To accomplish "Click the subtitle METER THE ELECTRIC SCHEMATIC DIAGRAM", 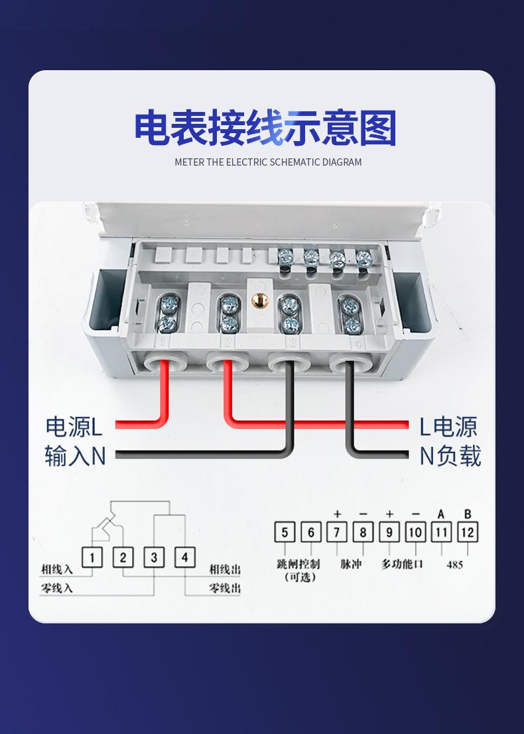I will [268, 162].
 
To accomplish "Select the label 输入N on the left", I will [75, 456].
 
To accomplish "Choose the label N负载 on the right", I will [450, 456].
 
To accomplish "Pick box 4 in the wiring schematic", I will [184, 557].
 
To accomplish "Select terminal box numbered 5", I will [285, 532].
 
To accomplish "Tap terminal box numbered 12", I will [468, 532].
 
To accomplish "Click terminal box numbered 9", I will [389, 532].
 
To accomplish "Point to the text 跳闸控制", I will [298, 564].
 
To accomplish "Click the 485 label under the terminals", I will [454, 565].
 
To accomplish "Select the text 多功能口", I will [402, 564].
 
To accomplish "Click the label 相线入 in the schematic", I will [56, 570].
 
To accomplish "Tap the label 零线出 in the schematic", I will [225, 588].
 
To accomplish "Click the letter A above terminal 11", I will [441, 514].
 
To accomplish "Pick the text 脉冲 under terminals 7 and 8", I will [350, 564].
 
